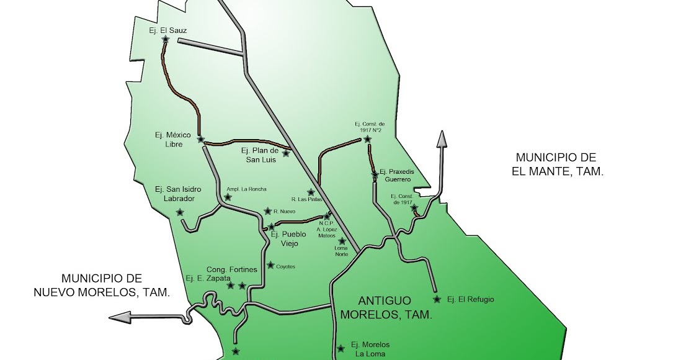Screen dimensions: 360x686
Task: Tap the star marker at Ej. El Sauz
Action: (x=166, y=39)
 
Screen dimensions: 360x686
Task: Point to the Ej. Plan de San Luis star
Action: (x=286, y=153)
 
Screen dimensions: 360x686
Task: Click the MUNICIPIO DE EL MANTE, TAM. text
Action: (x=557, y=164)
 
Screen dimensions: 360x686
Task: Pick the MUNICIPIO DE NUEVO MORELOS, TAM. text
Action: (x=101, y=285)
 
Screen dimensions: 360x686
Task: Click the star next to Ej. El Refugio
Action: (x=437, y=299)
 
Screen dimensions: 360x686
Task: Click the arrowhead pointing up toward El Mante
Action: (x=442, y=139)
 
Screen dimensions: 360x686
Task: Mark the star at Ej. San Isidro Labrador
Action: (x=180, y=212)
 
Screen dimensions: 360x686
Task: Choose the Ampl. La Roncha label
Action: (x=246, y=189)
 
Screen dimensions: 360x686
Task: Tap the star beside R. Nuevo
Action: (x=267, y=211)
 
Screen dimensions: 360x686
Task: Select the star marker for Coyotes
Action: (x=270, y=265)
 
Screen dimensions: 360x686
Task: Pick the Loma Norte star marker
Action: (x=342, y=240)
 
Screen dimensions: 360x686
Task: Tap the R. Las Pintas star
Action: (x=311, y=192)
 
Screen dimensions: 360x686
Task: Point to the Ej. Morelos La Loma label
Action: (x=370, y=349)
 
